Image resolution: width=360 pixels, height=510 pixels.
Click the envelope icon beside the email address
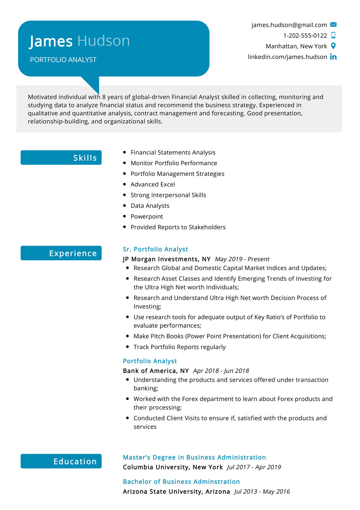tap(333, 25)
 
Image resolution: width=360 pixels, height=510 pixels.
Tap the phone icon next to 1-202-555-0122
tap(333, 35)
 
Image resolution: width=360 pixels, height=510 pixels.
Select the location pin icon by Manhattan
tap(333, 46)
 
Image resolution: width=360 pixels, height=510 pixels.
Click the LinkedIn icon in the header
tap(333, 57)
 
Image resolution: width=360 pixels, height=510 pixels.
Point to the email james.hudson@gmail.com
tap(289, 25)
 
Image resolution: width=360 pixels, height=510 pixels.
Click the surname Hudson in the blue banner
tap(103, 41)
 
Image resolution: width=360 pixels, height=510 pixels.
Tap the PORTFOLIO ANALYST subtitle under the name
tap(63, 60)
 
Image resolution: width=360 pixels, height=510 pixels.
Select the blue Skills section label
tap(61, 158)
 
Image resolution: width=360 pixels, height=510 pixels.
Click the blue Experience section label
tap(61, 253)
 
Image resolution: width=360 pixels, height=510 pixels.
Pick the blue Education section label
tap(61, 461)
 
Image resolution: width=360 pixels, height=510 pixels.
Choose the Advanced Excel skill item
tap(153, 184)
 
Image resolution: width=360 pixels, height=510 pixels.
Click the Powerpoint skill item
tap(147, 217)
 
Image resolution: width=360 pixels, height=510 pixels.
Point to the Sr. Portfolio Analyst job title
tap(155, 249)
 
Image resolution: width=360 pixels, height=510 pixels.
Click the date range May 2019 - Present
tap(242, 259)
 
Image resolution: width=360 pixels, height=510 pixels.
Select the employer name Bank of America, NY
tap(156, 371)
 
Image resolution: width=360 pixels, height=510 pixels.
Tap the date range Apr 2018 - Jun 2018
tap(221, 371)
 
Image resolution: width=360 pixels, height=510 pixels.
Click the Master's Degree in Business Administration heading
tap(194, 458)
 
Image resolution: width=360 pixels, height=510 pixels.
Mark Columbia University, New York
tap(173, 467)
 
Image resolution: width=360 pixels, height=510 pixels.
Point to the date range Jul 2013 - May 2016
tap(262, 491)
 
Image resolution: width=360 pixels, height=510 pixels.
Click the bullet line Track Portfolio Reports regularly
tap(179, 347)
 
